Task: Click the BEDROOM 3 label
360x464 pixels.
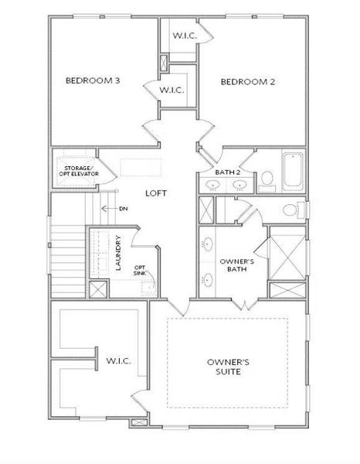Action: coord(90,80)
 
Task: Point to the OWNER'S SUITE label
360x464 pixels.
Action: coord(228,367)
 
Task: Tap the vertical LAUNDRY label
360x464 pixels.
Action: coord(118,254)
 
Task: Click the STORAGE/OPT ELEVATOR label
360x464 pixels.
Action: coord(76,169)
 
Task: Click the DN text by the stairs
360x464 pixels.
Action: coord(123,209)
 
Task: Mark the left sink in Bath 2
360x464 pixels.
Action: coord(212,186)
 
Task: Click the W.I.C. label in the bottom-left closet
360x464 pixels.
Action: coord(118,361)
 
